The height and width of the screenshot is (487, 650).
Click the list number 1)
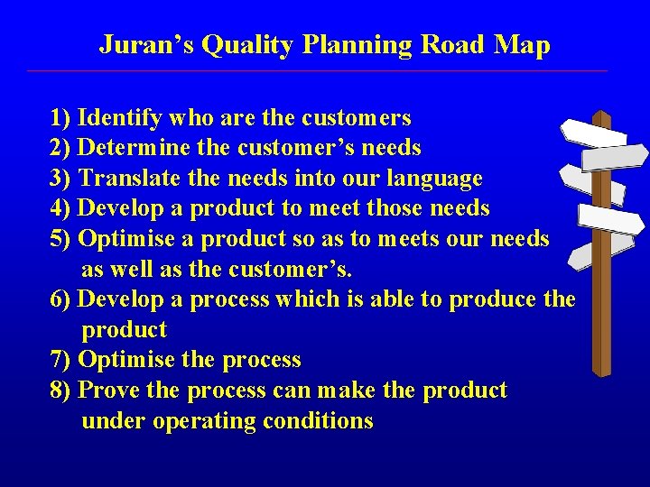(x=61, y=118)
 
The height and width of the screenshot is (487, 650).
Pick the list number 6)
(x=61, y=299)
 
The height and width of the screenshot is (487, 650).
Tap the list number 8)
(x=61, y=391)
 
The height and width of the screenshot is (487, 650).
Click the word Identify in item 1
(x=120, y=118)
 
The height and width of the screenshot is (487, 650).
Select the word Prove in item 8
(x=110, y=391)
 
